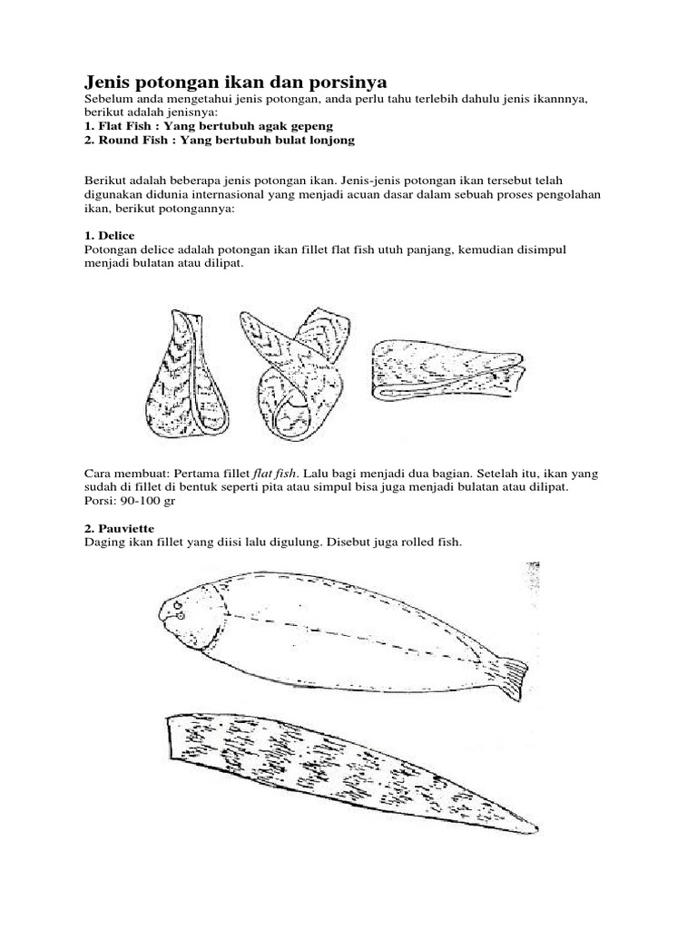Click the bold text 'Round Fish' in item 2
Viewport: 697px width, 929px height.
click(x=134, y=141)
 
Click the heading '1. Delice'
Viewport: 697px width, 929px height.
click(x=109, y=235)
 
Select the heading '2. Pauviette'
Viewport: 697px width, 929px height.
click(x=117, y=527)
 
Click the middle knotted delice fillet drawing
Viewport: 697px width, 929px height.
click(x=295, y=367)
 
